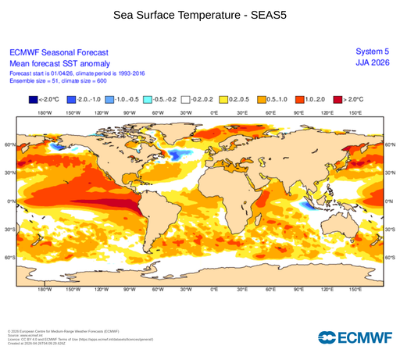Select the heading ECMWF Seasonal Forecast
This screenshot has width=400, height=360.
(x=58, y=52)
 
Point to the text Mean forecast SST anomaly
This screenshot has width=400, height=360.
(x=59, y=63)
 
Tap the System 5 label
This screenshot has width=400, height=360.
(x=372, y=52)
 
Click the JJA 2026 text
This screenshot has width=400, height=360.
(x=372, y=63)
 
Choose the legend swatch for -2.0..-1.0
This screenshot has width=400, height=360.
(x=71, y=100)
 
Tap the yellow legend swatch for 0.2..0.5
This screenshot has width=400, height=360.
(x=224, y=100)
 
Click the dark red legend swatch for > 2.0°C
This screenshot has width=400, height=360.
(x=337, y=100)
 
